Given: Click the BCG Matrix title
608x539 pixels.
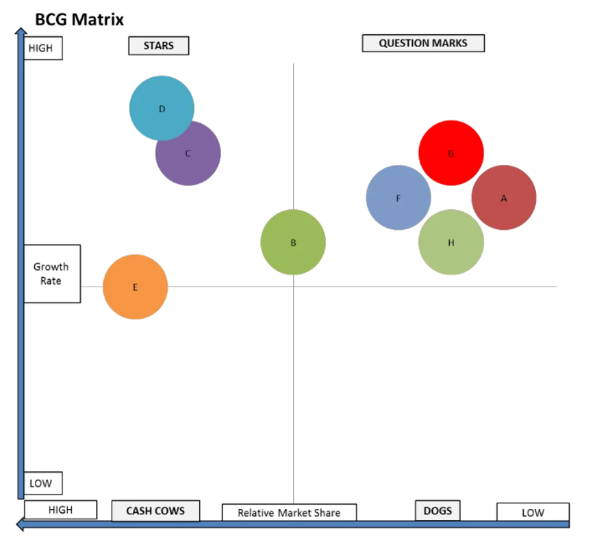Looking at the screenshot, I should click(x=79, y=19).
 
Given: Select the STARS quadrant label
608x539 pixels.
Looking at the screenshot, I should click(x=158, y=46).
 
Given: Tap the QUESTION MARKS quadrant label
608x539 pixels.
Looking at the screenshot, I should click(x=423, y=43).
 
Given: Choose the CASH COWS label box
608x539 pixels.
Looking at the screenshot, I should click(x=155, y=511).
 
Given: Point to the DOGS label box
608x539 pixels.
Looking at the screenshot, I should click(x=438, y=510).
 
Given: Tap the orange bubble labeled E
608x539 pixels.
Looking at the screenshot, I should click(x=135, y=287).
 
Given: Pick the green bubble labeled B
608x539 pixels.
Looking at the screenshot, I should click(x=293, y=242).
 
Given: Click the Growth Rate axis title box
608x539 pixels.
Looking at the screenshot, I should click(x=51, y=274).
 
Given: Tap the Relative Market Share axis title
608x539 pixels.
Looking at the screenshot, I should click(x=289, y=512).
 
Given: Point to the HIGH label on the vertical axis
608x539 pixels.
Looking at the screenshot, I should click(x=42, y=49).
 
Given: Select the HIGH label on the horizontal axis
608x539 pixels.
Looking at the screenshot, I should click(x=60, y=510).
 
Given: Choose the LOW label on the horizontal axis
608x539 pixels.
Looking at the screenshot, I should click(x=533, y=512).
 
